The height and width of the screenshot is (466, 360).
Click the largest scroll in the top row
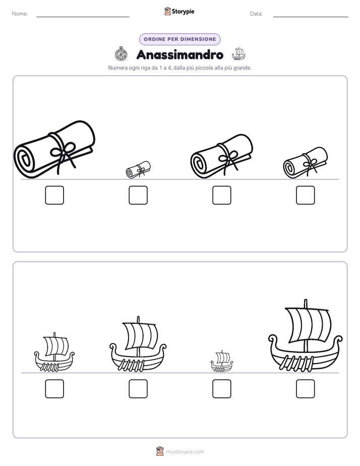pyautogui.click(x=54, y=149)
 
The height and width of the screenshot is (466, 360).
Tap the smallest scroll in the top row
pyautogui.click(x=138, y=169)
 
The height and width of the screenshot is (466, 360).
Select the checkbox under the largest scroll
pyautogui.click(x=54, y=195)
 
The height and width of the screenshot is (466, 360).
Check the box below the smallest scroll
pyautogui.click(x=138, y=195)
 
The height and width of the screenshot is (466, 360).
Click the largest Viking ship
pyautogui.click(x=306, y=336)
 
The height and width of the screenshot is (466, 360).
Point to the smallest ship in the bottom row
pyautogui.click(x=222, y=362)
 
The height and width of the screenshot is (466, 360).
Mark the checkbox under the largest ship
pyautogui.click(x=306, y=389)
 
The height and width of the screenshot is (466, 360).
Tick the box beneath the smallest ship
pyautogui.click(x=222, y=389)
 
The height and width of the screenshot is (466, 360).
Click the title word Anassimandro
pyautogui.click(x=179, y=54)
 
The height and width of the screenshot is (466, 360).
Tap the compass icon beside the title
pyautogui.click(x=121, y=54)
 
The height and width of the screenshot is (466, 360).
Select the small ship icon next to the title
pyautogui.click(x=238, y=54)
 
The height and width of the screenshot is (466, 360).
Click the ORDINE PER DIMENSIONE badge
pyautogui.click(x=179, y=39)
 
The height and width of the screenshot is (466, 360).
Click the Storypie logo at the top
pyautogui.click(x=179, y=12)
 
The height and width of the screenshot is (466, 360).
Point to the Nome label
pyautogui.click(x=20, y=14)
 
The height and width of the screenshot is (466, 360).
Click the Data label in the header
pyautogui.click(x=256, y=14)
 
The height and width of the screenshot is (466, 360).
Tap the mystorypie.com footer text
pyautogui.click(x=185, y=452)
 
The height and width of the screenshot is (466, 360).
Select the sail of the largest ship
pyautogui.click(x=307, y=325)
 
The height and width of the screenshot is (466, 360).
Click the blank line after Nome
pyautogui.click(x=83, y=17)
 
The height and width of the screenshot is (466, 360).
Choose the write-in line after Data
pyautogui.click(x=311, y=17)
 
